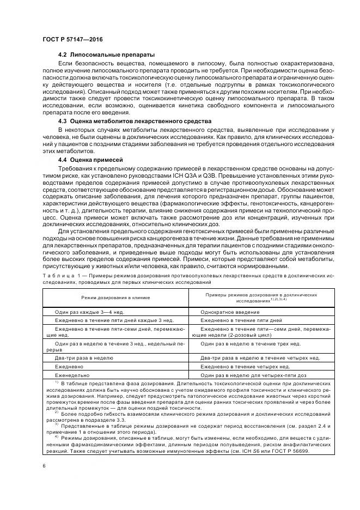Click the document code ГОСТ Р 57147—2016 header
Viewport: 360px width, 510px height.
tap(72, 39)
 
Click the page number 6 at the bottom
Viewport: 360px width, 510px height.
tap(43, 465)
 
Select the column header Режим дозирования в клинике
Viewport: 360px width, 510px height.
tap(115, 298)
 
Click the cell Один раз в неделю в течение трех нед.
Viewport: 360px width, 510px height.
tap(251, 344)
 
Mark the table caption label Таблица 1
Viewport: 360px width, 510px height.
tap(62, 276)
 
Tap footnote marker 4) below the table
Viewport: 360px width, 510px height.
tap(56, 436)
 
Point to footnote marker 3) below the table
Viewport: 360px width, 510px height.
tap(56, 423)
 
